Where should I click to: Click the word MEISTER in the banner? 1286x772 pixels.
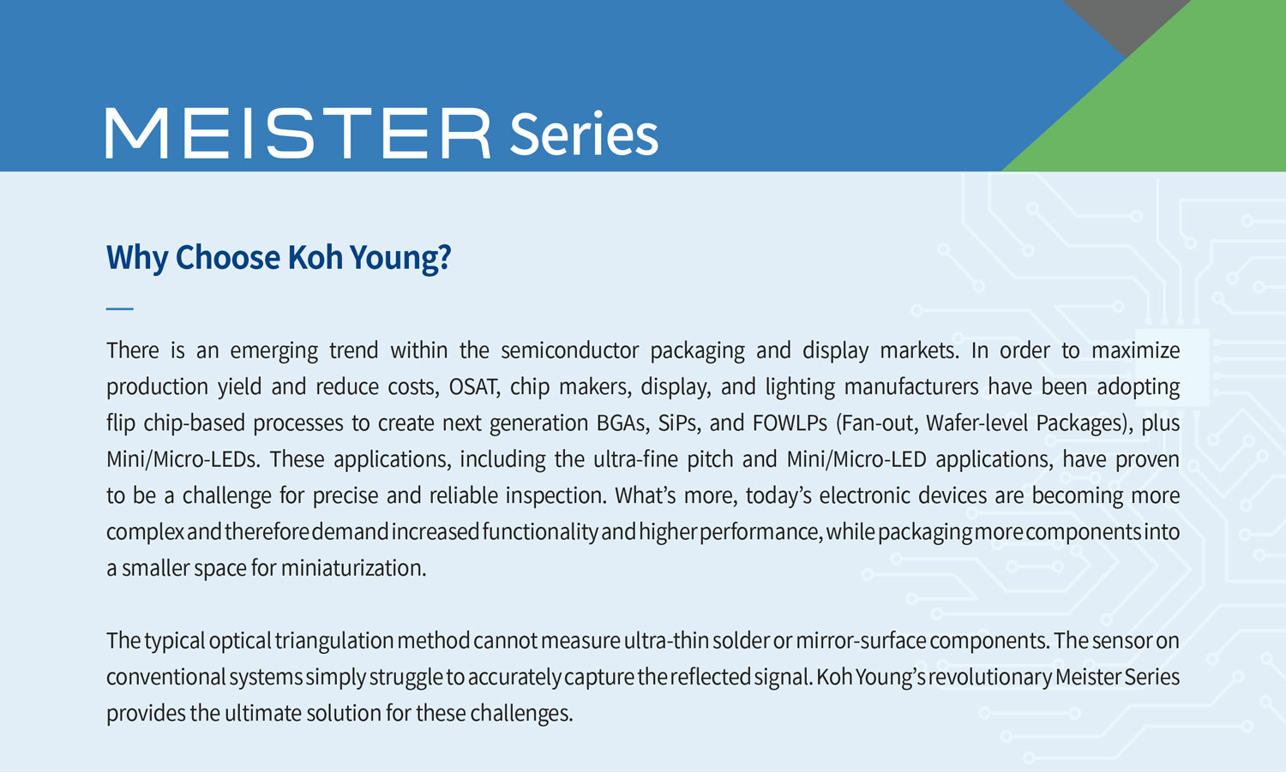[298, 133]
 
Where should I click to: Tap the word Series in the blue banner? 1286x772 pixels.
[583, 134]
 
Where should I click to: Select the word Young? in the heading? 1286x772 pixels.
[400, 258]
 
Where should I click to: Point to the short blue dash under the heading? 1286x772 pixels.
[119, 308]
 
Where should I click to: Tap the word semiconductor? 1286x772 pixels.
[569, 350]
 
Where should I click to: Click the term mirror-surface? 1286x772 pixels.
[861, 641]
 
